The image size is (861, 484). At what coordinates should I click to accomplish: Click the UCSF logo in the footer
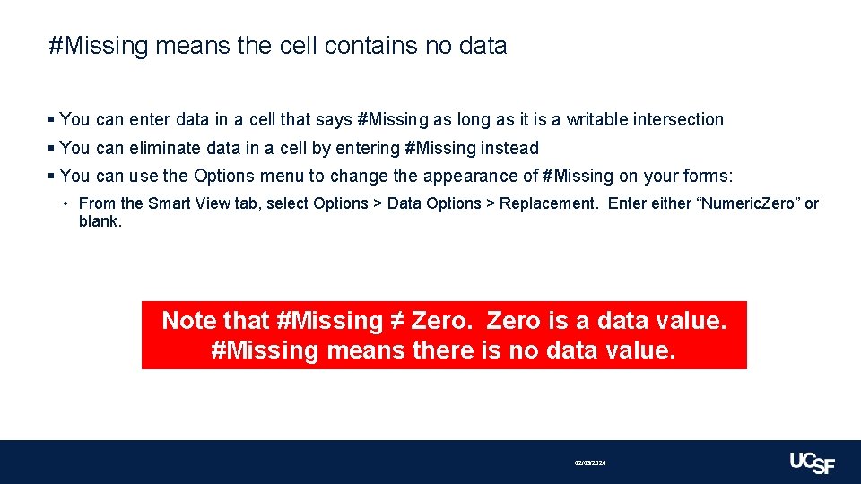pyautogui.click(x=812, y=462)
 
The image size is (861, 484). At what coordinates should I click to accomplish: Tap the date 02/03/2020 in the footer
pyautogui.click(x=590, y=462)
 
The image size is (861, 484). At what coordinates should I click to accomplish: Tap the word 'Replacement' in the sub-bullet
pyautogui.click(x=547, y=203)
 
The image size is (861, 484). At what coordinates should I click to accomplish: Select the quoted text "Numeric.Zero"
pyautogui.click(x=748, y=203)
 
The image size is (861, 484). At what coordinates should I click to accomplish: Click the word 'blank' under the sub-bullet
pyautogui.click(x=99, y=221)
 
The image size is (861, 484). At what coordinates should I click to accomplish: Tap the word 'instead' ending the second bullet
pyautogui.click(x=510, y=148)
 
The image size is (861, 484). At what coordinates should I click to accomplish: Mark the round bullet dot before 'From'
pyautogui.click(x=67, y=203)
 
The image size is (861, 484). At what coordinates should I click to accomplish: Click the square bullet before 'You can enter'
pyautogui.click(x=52, y=119)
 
